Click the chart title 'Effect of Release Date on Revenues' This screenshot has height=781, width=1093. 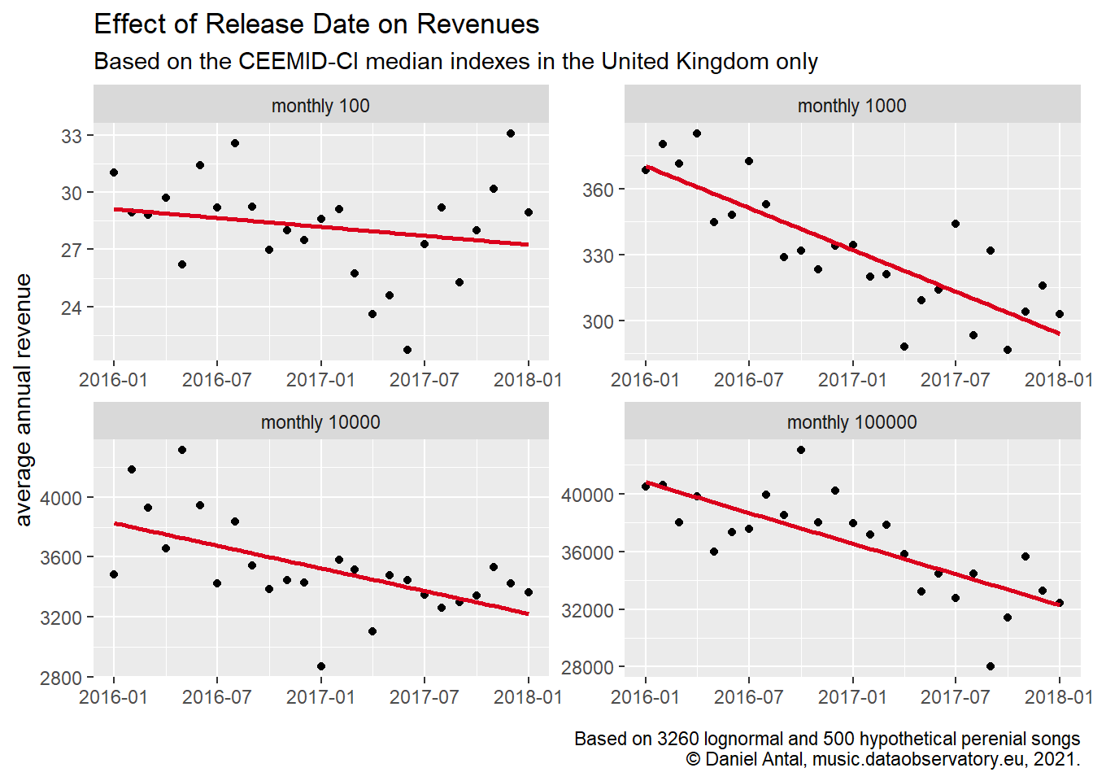316,24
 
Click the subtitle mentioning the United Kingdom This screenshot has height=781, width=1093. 455,62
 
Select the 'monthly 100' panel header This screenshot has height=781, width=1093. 320,106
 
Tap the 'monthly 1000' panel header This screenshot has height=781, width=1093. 851,106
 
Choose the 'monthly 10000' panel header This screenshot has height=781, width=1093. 320,422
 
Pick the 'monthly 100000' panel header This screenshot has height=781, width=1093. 851,422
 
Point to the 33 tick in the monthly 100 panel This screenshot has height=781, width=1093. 72,136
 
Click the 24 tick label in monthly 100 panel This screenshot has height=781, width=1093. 72,308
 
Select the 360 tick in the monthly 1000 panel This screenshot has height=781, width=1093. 598,190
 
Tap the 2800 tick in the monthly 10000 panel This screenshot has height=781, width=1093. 61,678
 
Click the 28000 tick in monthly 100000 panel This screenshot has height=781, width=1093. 587,667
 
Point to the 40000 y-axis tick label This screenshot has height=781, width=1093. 587,495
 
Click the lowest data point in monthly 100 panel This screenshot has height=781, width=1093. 407,350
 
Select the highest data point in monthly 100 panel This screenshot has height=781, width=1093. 511,133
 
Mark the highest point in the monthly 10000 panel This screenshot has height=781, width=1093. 182,450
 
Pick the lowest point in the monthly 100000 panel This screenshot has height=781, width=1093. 991,666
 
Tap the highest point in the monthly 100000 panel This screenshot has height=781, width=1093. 801,450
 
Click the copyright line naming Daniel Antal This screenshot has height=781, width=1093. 882,759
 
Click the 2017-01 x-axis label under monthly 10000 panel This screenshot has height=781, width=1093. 320,697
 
